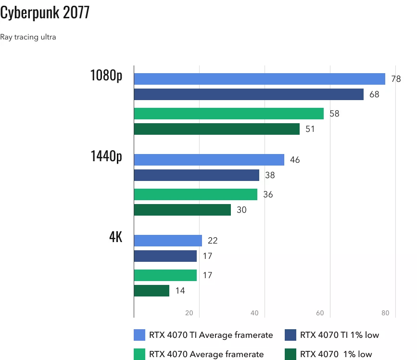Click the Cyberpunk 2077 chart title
45,13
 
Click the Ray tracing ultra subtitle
28,37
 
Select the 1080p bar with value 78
259,79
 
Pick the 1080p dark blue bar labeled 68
249,94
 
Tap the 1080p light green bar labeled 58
228,114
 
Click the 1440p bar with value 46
209,160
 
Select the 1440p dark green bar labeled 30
182,210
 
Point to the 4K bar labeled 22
168,241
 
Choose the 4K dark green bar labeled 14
152,291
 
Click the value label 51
310,129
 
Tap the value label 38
270,175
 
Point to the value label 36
268,194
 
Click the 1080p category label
106,76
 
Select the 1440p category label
106,156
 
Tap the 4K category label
115,237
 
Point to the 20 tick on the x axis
190,313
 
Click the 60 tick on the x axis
320,313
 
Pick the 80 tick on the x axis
385,313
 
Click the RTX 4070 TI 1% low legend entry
332,335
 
